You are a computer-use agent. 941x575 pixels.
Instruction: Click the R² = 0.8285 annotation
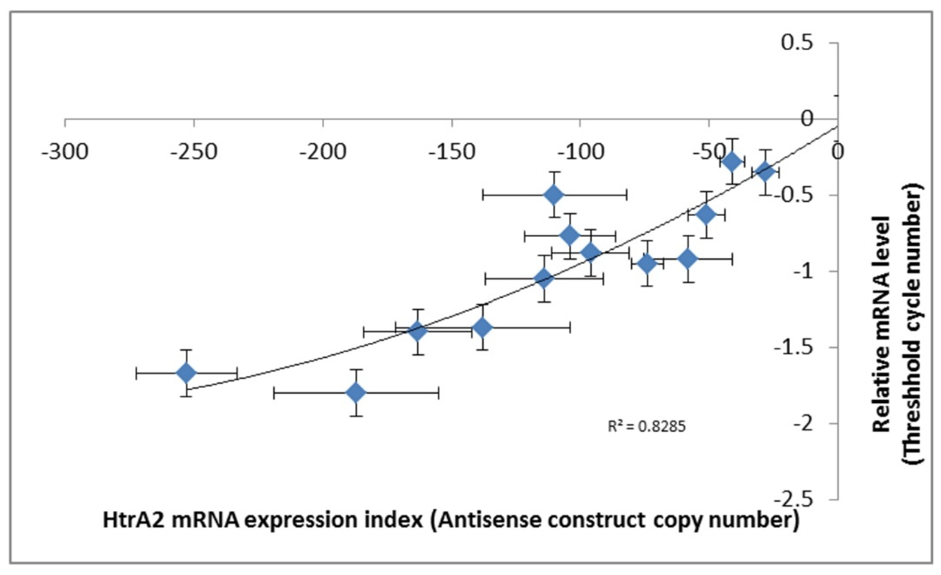pyautogui.click(x=646, y=427)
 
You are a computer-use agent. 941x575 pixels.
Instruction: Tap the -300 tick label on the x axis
pyautogui.click(x=65, y=152)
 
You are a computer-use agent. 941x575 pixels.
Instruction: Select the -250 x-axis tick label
pyautogui.click(x=194, y=152)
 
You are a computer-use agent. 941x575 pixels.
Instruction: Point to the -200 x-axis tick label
pyautogui.click(x=323, y=152)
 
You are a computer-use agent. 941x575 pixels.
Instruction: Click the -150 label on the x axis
pyautogui.click(x=452, y=152)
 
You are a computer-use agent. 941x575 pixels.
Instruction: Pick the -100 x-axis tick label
pyautogui.click(x=581, y=152)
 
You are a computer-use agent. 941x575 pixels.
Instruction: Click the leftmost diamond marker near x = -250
pyautogui.click(x=186, y=373)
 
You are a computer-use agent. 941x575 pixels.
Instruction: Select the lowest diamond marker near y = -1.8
pyautogui.click(x=356, y=392)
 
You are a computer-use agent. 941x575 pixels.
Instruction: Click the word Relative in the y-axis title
pyautogui.click(x=883, y=397)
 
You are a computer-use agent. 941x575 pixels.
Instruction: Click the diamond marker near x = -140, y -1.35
pyautogui.click(x=483, y=327)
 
